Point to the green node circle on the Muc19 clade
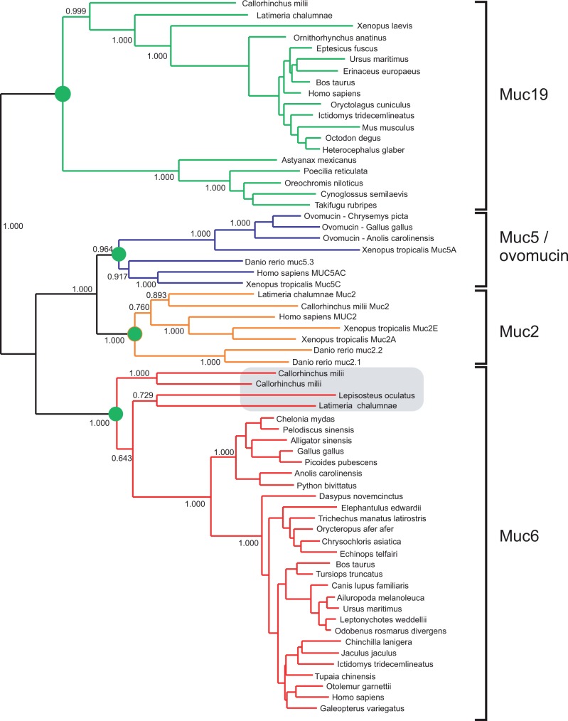pyautogui.click(x=63, y=93)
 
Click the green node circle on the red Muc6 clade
pyautogui.click(x=117, y=412)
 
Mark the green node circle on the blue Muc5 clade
pyautogui.click(x=118, y=254)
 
